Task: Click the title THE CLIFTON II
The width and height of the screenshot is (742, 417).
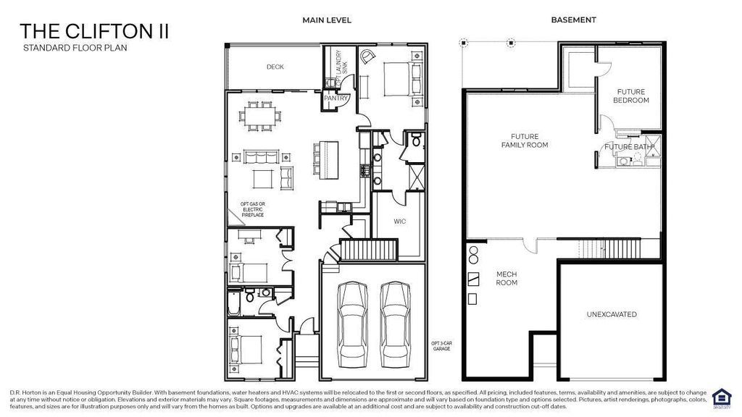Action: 95,31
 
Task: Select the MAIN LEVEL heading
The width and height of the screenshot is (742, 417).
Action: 327,20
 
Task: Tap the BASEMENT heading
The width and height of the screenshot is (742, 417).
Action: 573,20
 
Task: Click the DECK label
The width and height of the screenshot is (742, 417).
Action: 275,67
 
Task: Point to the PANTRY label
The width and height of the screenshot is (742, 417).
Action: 336,97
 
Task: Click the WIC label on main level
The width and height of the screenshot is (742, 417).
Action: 399,222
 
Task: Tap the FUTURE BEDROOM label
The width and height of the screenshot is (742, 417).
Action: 631,96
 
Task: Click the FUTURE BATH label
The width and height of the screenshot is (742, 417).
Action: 629,147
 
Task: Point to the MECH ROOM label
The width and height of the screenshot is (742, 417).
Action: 507,279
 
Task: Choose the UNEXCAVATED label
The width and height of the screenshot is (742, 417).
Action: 612,314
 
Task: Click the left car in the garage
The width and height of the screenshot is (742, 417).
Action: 352,318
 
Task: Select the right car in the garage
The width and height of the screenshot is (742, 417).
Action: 396,318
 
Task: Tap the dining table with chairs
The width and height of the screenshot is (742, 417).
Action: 259,116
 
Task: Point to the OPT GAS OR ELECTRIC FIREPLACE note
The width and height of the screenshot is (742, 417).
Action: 253,209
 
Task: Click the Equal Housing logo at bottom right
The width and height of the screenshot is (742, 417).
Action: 721,397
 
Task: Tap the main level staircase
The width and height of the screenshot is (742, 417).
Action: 370,251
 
